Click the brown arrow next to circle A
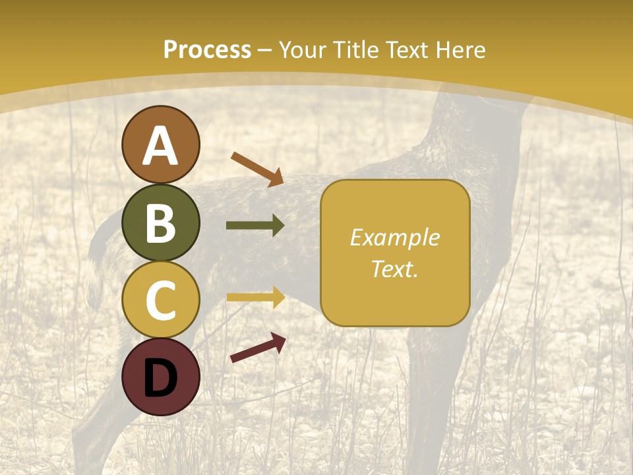click(x=257, y=169)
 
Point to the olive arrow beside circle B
click(x=255, y=226)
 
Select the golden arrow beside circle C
click(x=255, y=297)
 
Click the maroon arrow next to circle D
click(x=258, y=348)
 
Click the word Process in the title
click(x=207, y=50)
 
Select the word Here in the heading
click(x=461, y=50)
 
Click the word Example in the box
click(x=394, y=237)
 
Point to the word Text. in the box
click(x=394, y=269)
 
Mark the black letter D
click(x=160, y=377)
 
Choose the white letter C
click(x=160, y=300)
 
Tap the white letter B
click(x=160, y=223)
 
